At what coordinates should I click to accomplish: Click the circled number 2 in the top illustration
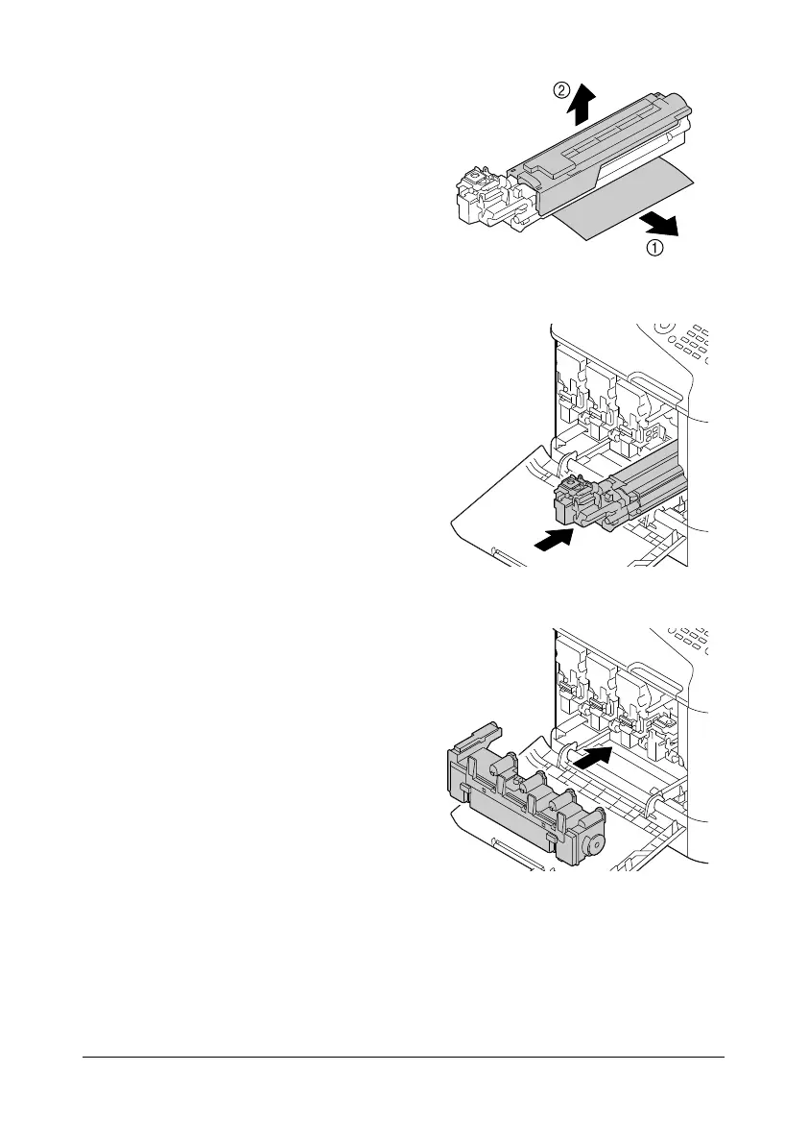[x=561, y=90]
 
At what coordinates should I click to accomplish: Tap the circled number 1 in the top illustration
[x=654, y=249]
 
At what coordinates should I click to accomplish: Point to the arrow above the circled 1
[x=657, y=225]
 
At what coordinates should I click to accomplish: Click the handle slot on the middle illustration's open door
[x=509, y=554]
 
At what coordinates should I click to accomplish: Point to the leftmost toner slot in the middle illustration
[x=573, y=394]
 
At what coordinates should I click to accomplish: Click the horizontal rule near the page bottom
[x=403, y=1059]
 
